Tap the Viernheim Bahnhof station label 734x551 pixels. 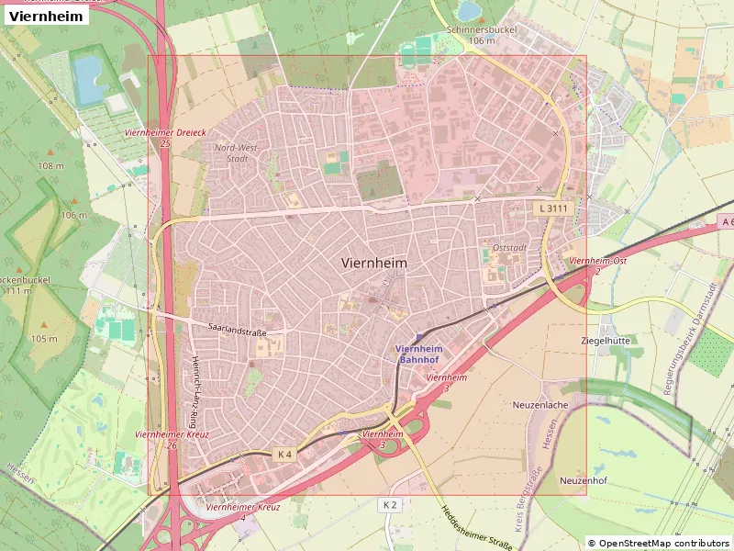(x=419, y=354)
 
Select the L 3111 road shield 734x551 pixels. (x=553, y=209)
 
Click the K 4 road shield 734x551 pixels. (x=284, y=454)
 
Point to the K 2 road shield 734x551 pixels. (x=390, y=505)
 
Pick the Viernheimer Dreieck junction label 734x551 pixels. (x=165, y=138)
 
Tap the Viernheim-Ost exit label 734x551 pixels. (x=597, y=265)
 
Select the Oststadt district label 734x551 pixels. (x=509, y=247)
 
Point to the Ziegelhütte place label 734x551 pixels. (x=606, y=340)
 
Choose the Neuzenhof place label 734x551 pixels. (x=584, y=480)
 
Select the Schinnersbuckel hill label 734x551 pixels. (x=481, y=35)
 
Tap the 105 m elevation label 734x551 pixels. (x=44, y=339)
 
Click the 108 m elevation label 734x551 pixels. (x=50, y=166)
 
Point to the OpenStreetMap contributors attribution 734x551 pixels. (x=659, y=544)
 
